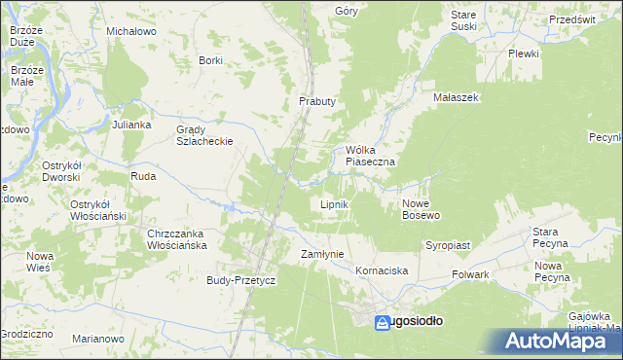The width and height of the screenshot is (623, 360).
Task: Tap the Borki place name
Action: pyautogui.click(x=210, y=60)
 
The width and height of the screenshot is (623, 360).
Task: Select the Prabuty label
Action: pyautogui.click(x=316, y=101)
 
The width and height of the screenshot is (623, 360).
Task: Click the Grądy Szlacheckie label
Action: pyautogui.click(x=203, y=135)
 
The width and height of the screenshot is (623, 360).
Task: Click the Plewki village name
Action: pyautogui.click(x=523, y=54)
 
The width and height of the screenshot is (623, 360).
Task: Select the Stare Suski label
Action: pyautogui.click(x=463, y=20)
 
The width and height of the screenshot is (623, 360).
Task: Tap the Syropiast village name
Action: pyautogui.click(x=447, y=246)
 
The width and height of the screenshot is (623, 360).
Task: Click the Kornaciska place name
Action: pyautogui.click(x=381, y=270)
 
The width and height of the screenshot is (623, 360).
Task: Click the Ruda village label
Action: pyautogui.click(x=143, y=178)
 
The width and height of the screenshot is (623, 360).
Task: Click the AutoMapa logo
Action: pyautogui.click(x=557, y=341)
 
